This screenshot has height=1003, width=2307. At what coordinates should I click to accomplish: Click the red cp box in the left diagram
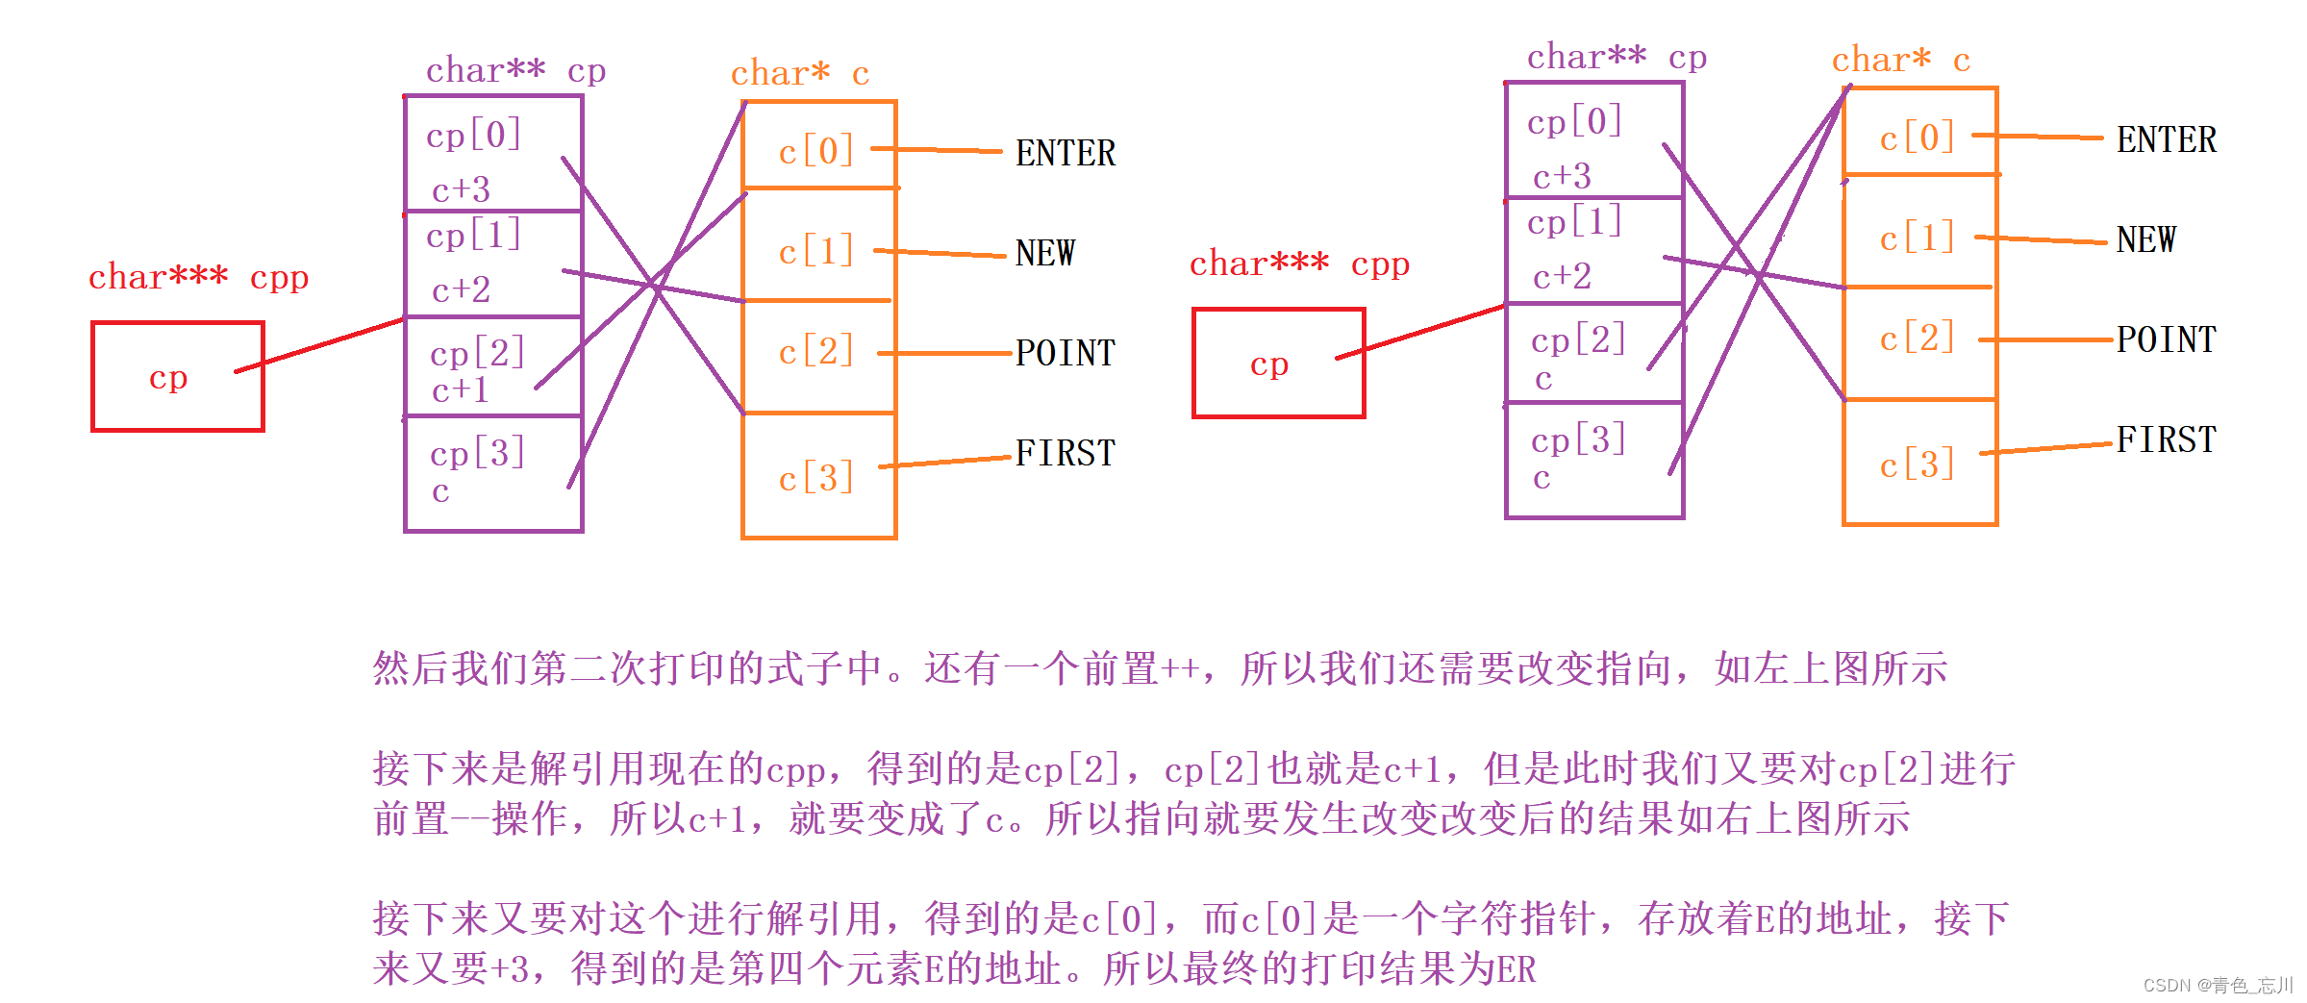pos(177,377)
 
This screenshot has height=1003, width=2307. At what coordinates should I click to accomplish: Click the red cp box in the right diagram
pos(1278,364)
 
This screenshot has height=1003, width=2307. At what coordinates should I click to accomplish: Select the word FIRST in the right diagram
pos(2166,440)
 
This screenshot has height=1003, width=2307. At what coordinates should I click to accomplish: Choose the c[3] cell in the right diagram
pos(1918,464)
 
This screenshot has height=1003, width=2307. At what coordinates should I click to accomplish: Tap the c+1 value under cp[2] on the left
pos(460,390)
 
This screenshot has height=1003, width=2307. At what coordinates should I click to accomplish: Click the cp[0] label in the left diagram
pos(474,136)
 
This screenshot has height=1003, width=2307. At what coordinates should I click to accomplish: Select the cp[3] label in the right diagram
pos(1578,440)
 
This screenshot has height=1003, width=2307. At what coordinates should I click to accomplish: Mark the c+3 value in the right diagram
pos(1562,177)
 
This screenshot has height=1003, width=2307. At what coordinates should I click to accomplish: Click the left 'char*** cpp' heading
pos(198,278)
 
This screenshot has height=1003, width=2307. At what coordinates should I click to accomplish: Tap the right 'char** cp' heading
pos(1617,58)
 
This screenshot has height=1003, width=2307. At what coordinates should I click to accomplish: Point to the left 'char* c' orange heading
pos(799,74)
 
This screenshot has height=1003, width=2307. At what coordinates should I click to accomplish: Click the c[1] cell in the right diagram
pos(1918,238)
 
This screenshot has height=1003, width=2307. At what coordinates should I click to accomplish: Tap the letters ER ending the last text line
pos(1516,969)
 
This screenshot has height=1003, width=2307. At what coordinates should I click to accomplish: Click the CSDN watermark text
pos(2218,986)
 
